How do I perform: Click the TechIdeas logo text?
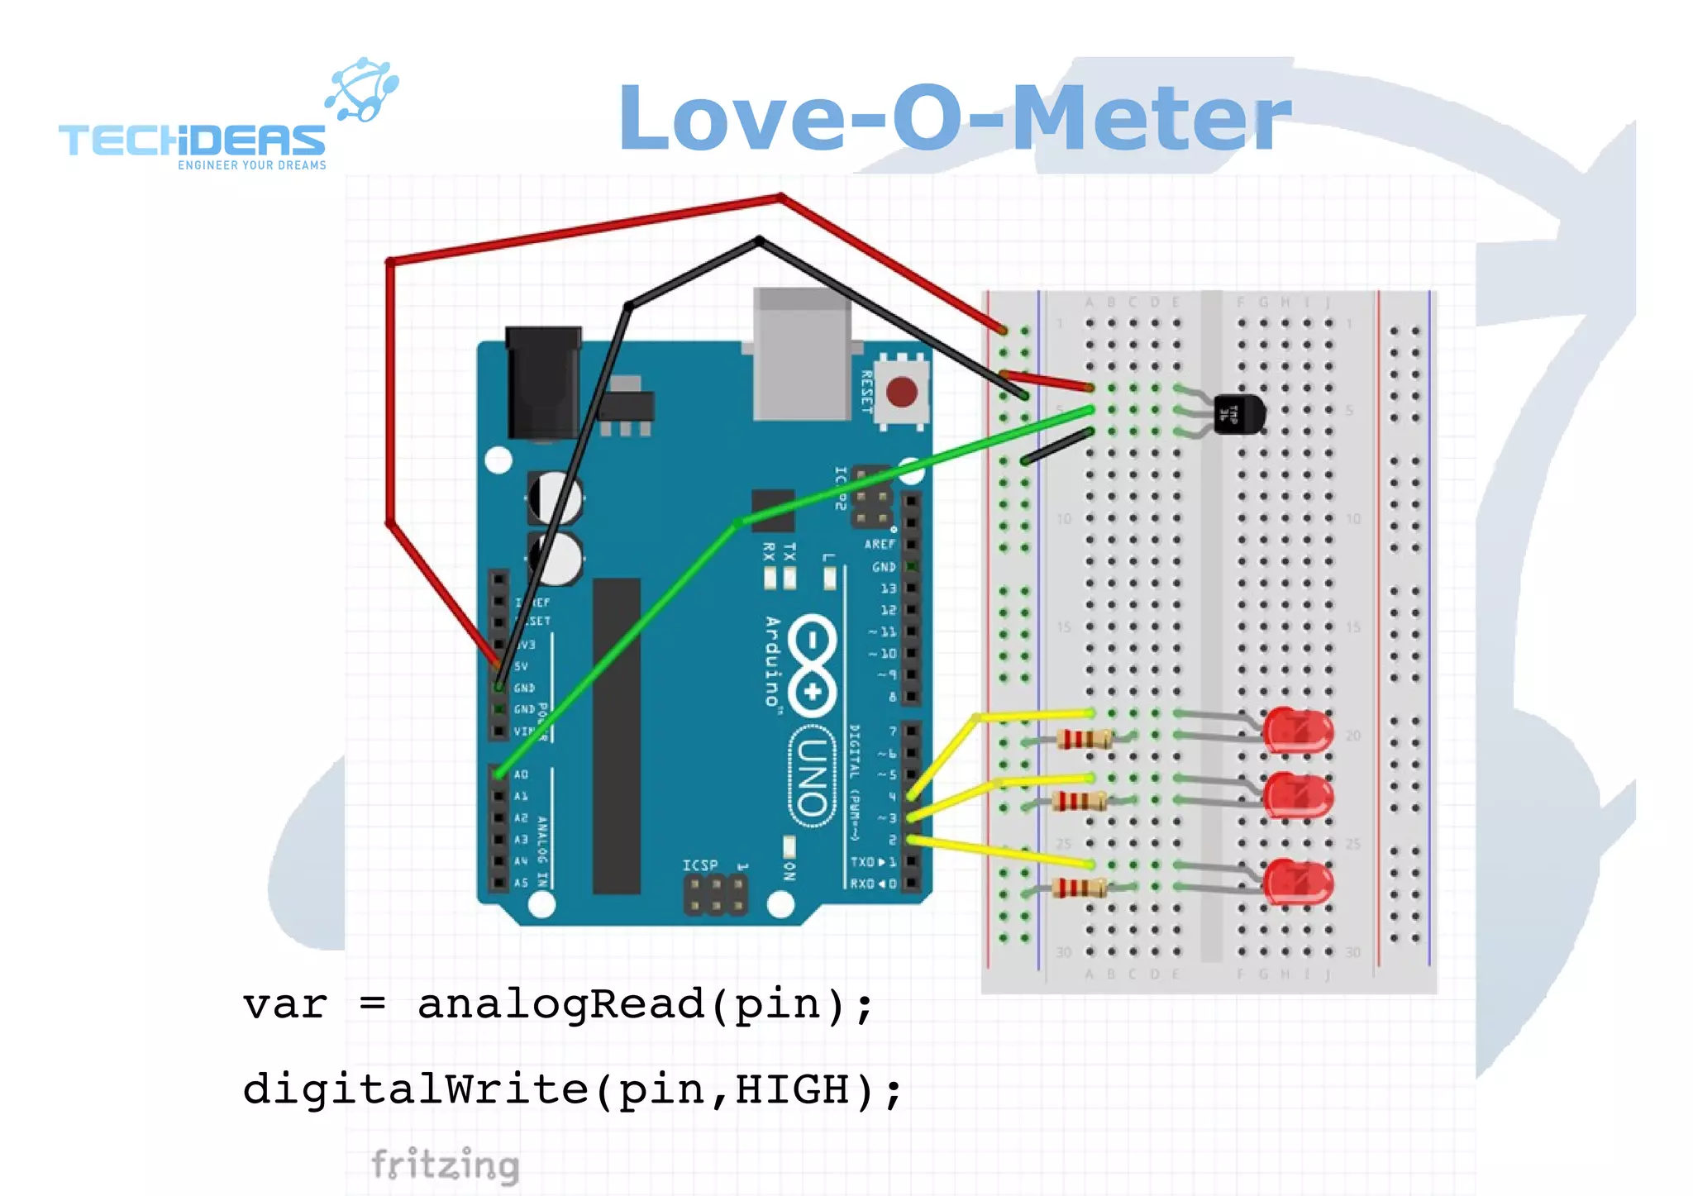192,141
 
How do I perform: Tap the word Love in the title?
732,119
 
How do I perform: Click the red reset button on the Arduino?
901,392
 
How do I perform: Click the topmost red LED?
1298,731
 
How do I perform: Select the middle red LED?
1298,795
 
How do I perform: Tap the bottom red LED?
1298,882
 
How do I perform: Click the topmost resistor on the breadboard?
1084,739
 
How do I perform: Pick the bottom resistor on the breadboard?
1080,889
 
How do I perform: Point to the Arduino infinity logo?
813,666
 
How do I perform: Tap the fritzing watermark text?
445,1165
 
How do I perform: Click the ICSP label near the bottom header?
699,865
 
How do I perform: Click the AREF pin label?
880,544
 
